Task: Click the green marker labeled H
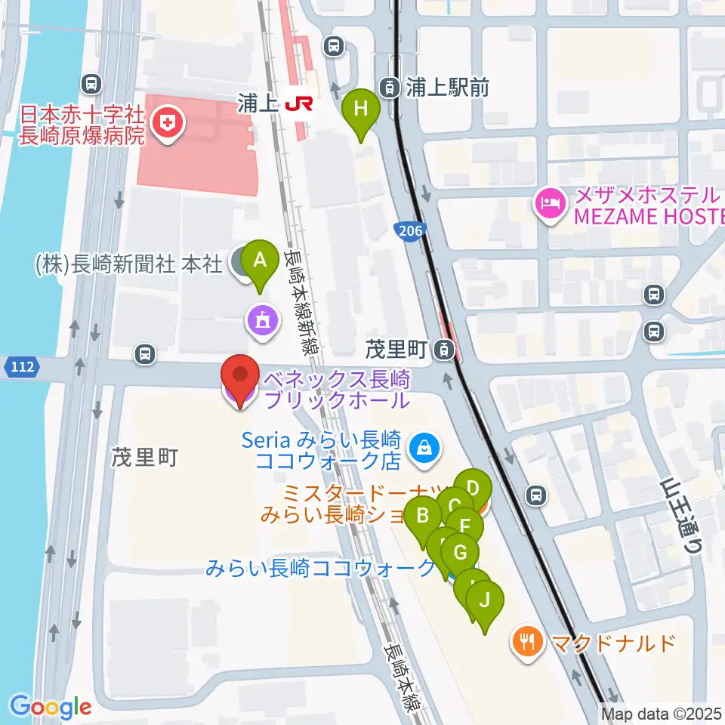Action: click(361, 110)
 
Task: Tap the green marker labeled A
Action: click(261, 261)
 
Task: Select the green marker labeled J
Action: click(484, 602)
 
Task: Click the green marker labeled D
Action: click(474, 486)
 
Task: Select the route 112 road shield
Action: click(21, 368)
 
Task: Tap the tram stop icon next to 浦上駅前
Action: click(390, 88)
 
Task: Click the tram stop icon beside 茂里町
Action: click(446, 349)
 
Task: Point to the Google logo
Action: click(51, 708)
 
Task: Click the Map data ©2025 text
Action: click(661, 713)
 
